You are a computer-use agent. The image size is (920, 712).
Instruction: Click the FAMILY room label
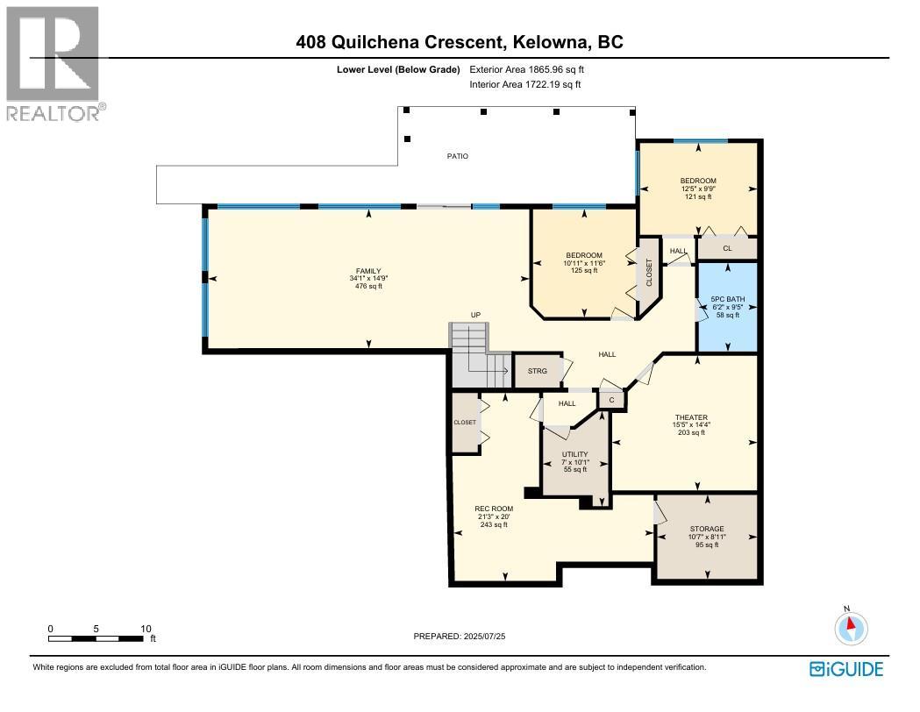click(x=368, y=271)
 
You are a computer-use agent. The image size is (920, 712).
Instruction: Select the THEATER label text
click(x=691, y=417)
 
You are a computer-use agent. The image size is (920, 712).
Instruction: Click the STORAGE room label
click(x=706, y=529)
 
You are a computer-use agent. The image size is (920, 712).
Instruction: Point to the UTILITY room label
click(x=574, y=453)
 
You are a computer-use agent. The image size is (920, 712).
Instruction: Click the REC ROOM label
click(x=494, y=509)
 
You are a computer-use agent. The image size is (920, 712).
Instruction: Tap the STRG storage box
click(x=538, y=371)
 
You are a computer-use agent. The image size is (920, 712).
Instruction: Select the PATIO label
click(x=457, y=156)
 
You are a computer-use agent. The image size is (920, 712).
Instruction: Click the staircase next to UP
click(x=479, y=355)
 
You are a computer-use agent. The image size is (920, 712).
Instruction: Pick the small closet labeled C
click(x=612, y=400)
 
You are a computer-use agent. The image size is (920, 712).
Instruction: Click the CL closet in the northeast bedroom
click(x=727, y=248)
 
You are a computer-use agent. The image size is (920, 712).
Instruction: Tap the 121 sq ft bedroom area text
click(x=698, y=196)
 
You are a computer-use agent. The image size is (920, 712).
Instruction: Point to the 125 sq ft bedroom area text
click(x=583, y=271)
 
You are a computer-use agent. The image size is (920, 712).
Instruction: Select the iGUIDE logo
click(x=846, y=669)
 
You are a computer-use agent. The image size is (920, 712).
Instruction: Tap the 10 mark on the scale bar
click(x=146, y=629)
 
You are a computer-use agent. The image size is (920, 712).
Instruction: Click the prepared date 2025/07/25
click(x=484, y=636)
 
